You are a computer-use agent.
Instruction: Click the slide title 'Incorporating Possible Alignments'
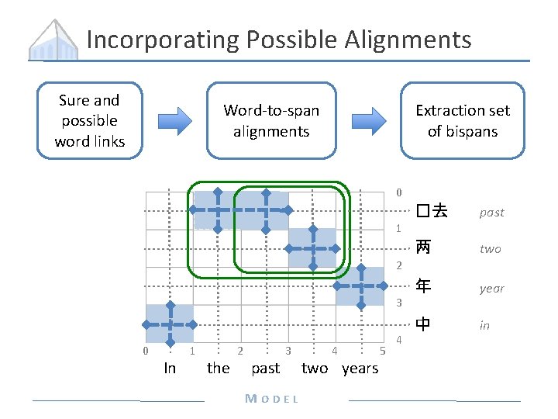279,39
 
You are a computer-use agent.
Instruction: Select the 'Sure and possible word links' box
89,120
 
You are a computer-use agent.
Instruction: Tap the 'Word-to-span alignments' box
271,120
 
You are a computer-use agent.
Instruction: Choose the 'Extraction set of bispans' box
463,120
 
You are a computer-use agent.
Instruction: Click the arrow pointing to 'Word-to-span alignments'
179,120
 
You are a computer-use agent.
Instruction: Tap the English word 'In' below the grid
170,368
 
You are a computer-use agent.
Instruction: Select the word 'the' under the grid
218,368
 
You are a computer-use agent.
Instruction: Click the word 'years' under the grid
360,368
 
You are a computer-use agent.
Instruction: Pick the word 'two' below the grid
314,368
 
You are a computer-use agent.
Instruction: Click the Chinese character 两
423,248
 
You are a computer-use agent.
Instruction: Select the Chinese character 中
423,324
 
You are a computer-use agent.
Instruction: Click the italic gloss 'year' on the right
491,288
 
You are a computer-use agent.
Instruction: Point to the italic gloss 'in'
484,325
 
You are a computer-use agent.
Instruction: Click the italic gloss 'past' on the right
491,212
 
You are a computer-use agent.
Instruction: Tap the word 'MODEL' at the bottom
271,399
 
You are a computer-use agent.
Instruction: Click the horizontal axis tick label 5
383,351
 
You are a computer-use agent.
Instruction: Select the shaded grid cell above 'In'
170,324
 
